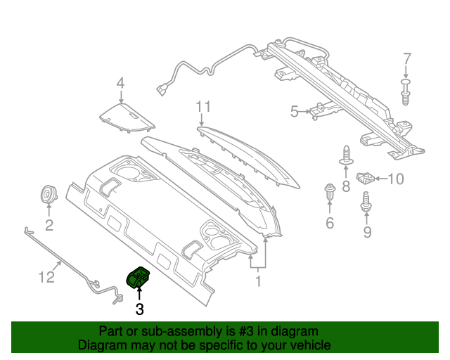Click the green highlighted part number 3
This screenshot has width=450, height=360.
[139, 278]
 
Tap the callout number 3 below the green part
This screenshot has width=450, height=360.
[139, 308]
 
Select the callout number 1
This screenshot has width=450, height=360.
[258, 281]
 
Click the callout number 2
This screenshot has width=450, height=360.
[49, 225]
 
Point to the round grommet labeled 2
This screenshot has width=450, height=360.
[49, 194]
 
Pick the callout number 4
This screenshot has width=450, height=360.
[120, 84]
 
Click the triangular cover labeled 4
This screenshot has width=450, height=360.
[127, 115]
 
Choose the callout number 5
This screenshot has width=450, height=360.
[295, 110]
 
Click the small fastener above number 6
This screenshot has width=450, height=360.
[329, 191]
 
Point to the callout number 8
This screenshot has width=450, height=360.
[346, 186]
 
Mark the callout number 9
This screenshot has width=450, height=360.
[366, 232]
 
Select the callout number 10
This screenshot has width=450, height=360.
[396, 179]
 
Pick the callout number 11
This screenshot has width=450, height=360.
[203, 106]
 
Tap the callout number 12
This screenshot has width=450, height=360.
[46, 278]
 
